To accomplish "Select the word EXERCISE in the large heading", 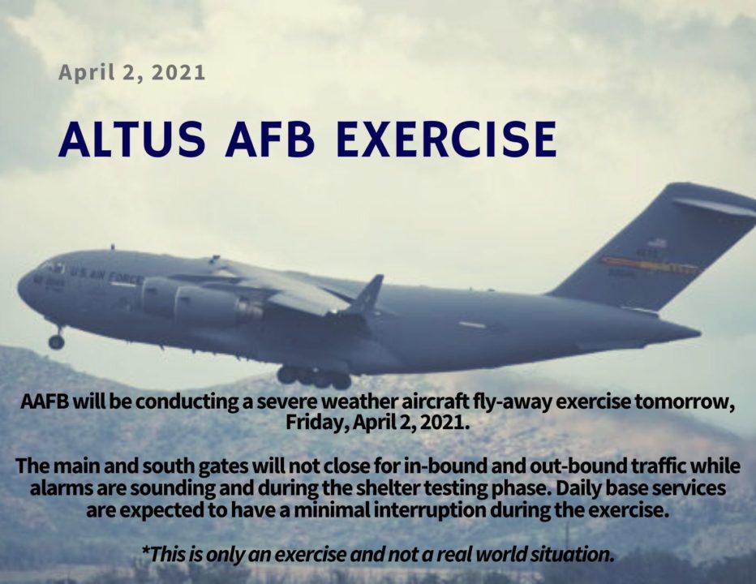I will [446, 139].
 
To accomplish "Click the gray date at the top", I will [131, 72].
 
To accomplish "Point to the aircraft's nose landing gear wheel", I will [56, 341].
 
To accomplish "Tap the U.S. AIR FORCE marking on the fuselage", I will [106, 277].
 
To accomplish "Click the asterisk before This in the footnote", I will [145, 554].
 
